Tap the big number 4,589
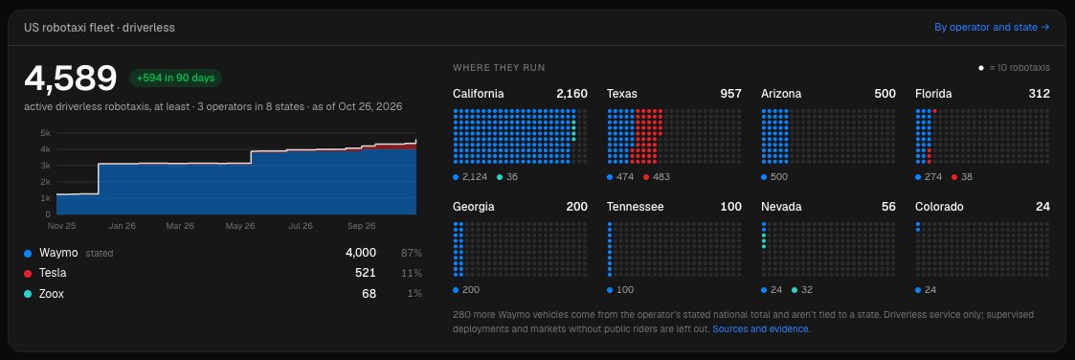click(71, 79)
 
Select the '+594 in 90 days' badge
click(175, 79)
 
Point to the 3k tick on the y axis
click(45, 166)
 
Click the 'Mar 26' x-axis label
click(179, 226)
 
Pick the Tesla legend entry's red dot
click(28, 274)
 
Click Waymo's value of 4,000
click(361, 253)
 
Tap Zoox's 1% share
click(414, 294)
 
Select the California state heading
click(479, 94)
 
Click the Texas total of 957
click(730, 94)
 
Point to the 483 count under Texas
click(661, 177)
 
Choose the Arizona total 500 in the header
click(885, 94)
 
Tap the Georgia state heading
click(474, 207)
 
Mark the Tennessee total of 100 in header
click(730, 207)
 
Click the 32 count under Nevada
click(807, 290)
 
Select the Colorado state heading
click(939, 207)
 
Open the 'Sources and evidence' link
click(761, 329)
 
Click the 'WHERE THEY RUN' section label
click(499, 68)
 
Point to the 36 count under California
click(511, 177)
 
